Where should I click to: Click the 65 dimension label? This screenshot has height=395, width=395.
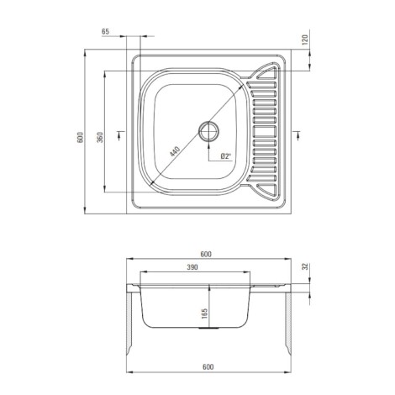(x=105, y=32)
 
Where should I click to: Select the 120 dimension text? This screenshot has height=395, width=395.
(x=305, y=39)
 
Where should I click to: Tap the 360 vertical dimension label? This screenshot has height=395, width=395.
(x=100, y=137)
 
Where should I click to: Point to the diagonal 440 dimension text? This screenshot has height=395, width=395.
(x=174, y=151)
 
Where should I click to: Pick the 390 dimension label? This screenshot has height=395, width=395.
(x=192, y=267)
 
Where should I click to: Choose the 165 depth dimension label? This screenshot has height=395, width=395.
(x=204, y=313)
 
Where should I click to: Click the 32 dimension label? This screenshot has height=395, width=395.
(x=305, y=266)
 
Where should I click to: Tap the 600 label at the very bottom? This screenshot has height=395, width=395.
(x=208, y=367)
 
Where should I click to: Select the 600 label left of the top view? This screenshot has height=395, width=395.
(x=80, y=137)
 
